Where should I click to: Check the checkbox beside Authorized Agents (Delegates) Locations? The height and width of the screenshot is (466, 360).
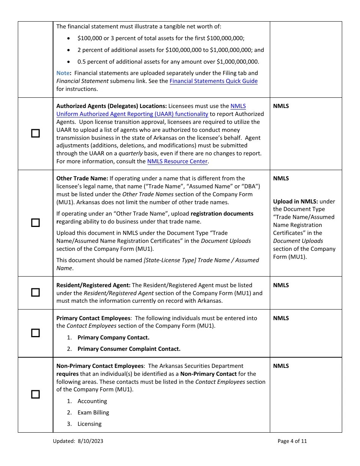(x=35, y=133)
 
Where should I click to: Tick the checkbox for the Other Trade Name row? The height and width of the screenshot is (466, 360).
(x=35, y=223)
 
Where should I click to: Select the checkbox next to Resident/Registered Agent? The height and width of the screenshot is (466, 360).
(x=35, y=292)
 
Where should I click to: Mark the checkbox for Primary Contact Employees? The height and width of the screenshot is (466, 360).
(x=35, y=333)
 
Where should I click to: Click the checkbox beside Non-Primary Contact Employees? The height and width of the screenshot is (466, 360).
(x=35, y=394)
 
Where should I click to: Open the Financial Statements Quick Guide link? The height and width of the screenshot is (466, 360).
(x=213, y=81)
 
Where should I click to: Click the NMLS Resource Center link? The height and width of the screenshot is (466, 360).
(x=177, y=161)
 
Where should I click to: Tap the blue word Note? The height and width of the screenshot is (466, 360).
(x=63, y=73)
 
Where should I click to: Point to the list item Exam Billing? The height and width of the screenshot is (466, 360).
(x=93, y=413)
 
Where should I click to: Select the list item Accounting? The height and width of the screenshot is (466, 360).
(x=92, y=401)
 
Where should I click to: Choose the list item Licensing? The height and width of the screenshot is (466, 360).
(x=89, y=424)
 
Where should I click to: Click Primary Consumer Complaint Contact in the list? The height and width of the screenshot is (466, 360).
(x=129, y=349)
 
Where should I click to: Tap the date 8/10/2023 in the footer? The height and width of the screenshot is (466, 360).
(x=91, y=441)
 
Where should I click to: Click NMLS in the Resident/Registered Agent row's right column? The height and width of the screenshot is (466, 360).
(x=281, y=285)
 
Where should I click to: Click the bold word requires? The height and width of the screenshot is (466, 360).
(x=67, y=374)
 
